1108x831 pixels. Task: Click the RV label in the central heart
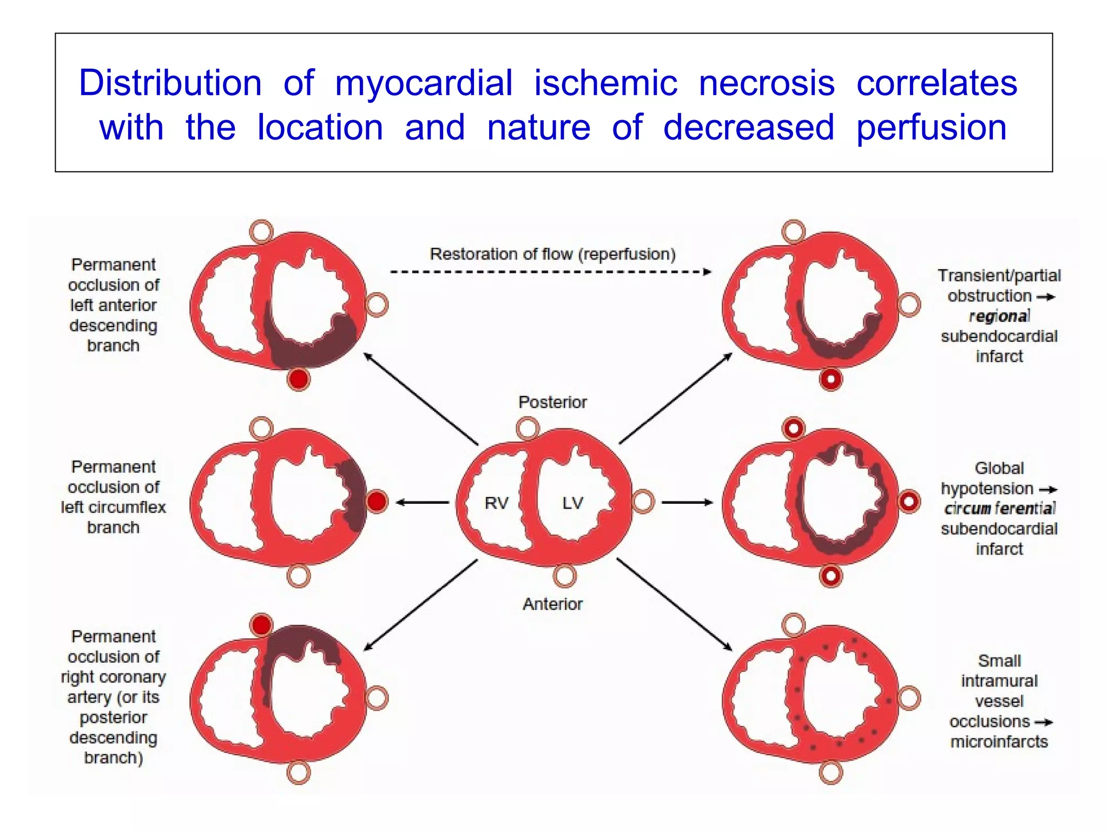pos(496,503)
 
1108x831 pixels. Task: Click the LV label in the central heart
pos(572,503)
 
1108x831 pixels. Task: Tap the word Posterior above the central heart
pos(552,402)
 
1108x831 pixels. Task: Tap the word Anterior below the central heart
pos(552,604)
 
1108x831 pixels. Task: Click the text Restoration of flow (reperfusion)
pos(552,254)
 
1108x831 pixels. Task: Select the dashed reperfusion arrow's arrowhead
pos(707,272)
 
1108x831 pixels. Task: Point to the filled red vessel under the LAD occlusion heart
pos(298,379)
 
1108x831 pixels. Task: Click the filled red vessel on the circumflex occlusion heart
pos(377,501)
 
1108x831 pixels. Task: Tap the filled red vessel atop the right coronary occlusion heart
pos(261,625)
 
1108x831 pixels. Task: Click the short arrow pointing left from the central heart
pos(422,502)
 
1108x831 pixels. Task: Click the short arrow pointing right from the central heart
pos(687,502)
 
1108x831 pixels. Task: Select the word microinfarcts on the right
pos(999,741)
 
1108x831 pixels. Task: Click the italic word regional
pos(999,316)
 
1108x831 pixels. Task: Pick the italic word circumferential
pos(999,509)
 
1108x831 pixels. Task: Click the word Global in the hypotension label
pos(999,468)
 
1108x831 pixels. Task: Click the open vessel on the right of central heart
pos(643,501)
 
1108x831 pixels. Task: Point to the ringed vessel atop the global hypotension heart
pos(794,428)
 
